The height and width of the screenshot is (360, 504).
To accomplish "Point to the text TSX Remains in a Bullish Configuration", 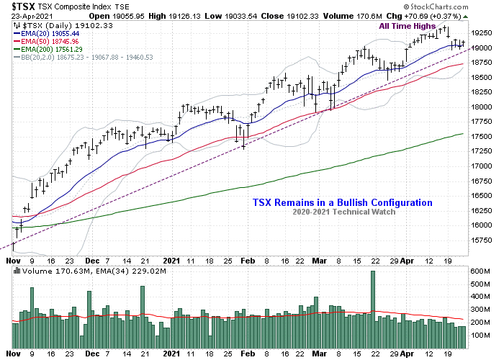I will click(342, 203).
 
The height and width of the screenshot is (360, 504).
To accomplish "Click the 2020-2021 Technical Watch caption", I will click(342, 212).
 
